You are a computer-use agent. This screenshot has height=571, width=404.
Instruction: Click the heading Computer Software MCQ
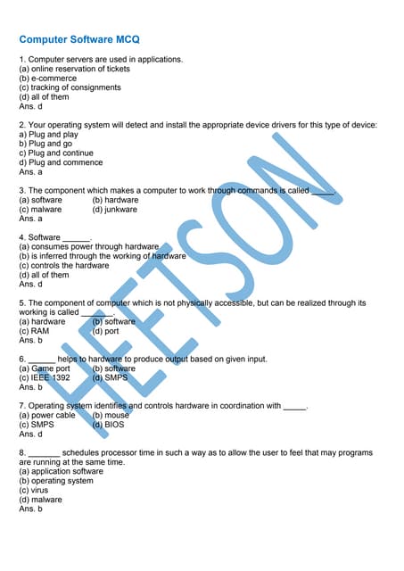click(79, 40)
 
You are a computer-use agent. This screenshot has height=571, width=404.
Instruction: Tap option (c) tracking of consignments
click(70, 87)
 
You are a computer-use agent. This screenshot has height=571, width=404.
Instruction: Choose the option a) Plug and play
click(48, 135)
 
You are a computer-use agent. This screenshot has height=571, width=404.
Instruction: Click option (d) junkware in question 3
click(115, 209)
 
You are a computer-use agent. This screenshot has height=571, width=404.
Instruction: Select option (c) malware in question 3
click(40, 209)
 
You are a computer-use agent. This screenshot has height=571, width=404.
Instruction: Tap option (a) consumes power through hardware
click(88, 246)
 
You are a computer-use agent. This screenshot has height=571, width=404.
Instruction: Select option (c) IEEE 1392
click(45, 377)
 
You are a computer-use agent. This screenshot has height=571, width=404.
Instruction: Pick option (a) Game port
click(45, 368)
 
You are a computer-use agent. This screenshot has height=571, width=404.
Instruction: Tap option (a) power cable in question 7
click(47, 415)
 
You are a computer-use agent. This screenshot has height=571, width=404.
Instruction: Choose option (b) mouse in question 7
click(111, 415)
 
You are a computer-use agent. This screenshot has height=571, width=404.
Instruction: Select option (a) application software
click(61, 471)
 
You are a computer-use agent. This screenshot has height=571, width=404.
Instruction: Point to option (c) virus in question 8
click(33, 490)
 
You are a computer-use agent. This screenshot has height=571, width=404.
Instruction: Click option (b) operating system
click(56, 481)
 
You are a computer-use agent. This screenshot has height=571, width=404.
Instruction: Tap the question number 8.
click(21, 452)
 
